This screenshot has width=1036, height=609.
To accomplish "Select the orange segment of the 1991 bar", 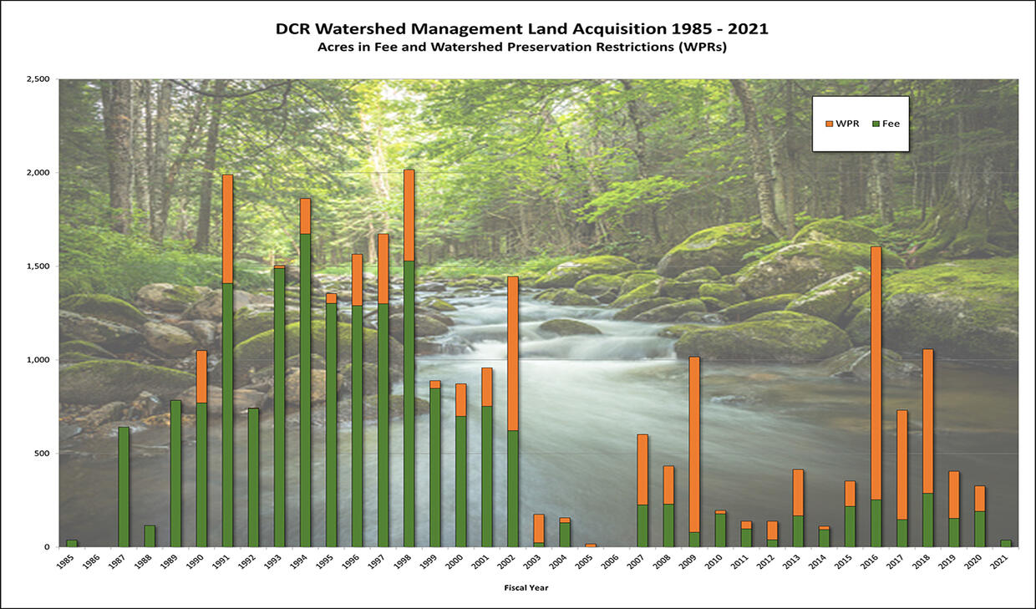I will coord(227,229).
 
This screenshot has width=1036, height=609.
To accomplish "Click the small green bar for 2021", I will coord(1005,543).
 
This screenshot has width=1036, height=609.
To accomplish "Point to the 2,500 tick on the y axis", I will coord(38,79).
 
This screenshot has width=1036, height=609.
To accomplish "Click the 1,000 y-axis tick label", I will coord(38,360).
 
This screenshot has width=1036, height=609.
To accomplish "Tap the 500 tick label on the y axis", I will coord(43,454).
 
